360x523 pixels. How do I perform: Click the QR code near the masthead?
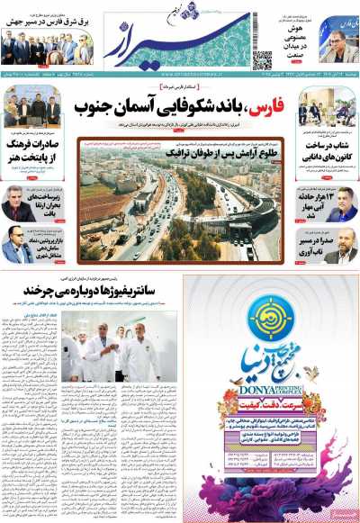pyautogui.click(x=262, y=60)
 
